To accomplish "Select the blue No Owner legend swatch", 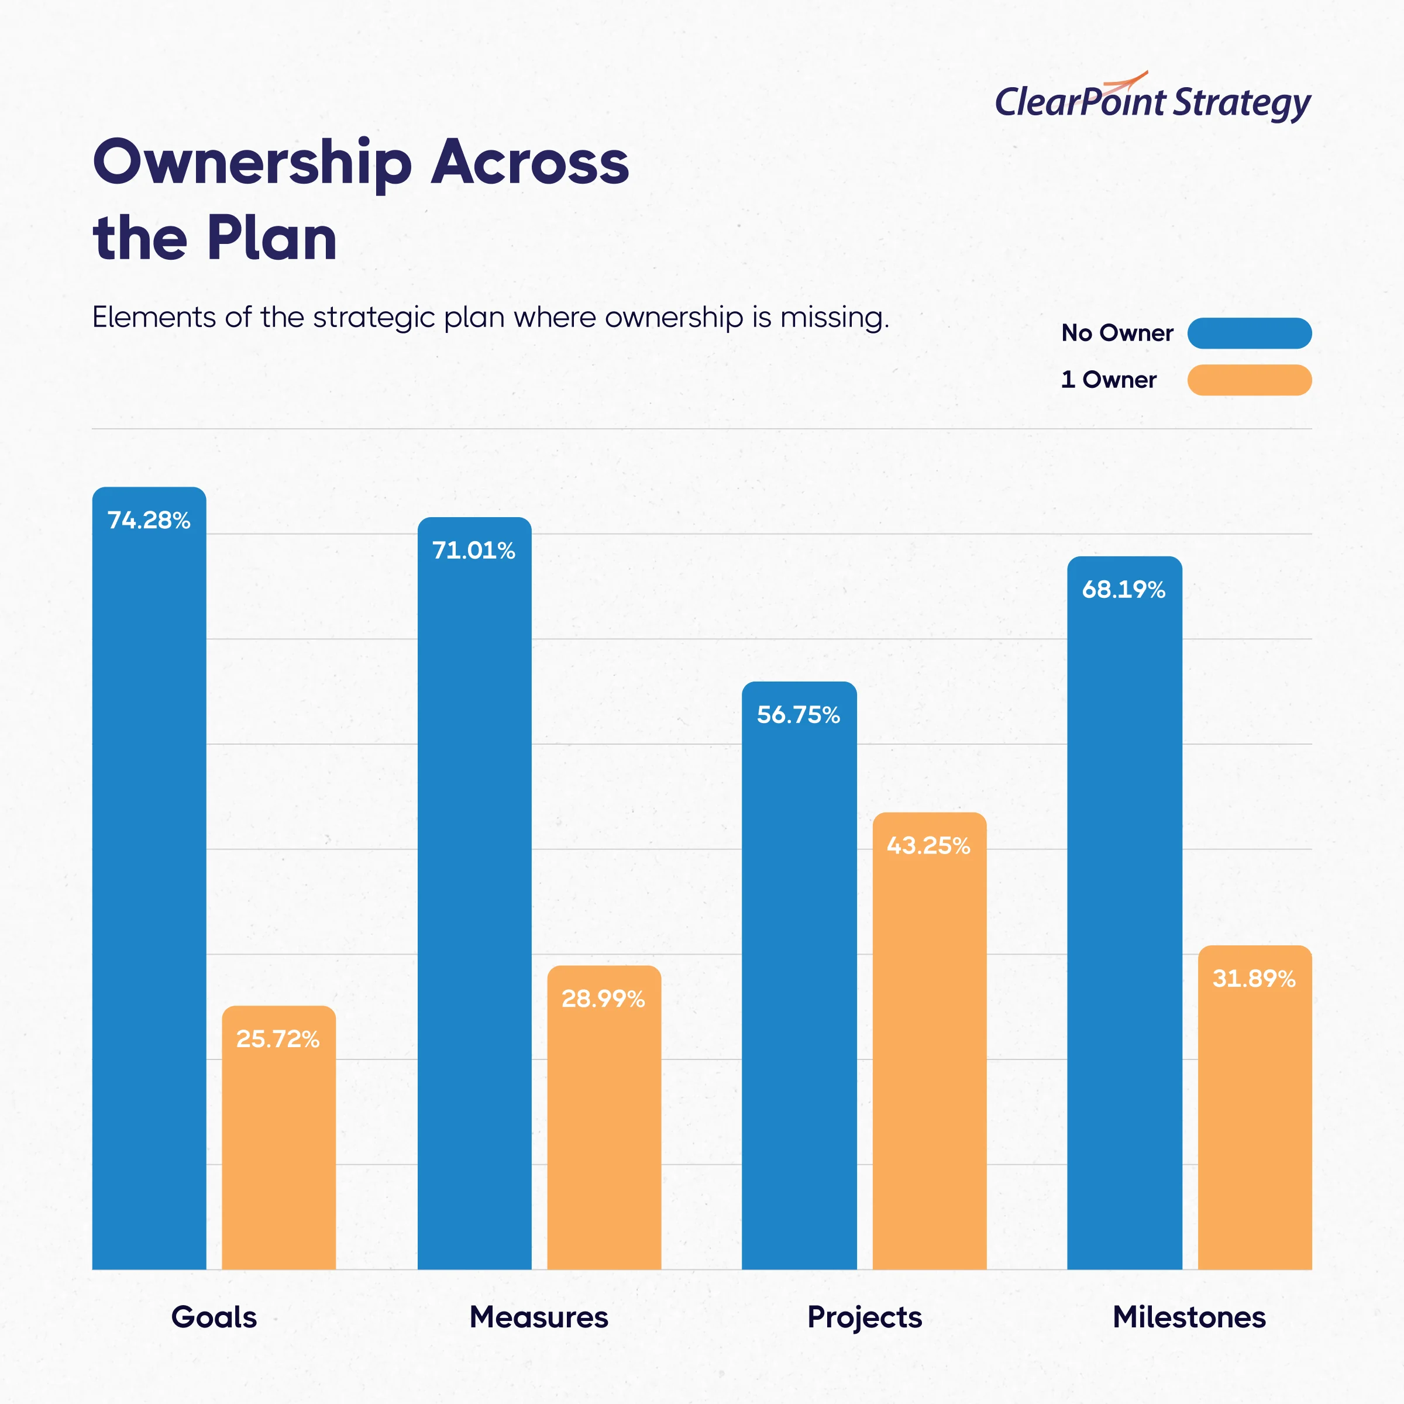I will [x=1249, y=333].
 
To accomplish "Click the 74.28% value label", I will [x=149, y=520].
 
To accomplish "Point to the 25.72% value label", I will [x=278, y=1039].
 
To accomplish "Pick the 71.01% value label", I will [x=474, y=550].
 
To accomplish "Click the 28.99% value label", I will [x=603, y=999].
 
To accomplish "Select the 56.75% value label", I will [x=799, y=715].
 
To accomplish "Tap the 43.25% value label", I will [x=929, y=846].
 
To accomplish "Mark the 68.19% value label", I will [x=1123, y=589].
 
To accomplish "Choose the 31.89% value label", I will [x=1254, y=979].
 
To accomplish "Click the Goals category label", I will [x=214, y=1317].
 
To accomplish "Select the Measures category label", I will [x=538, y=1317].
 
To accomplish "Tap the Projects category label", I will [x=865, y=1317].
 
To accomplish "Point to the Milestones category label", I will [x=1189, y=1317].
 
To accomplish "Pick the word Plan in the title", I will [x=272, y=238].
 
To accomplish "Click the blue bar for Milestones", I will [x=1124, y=945].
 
